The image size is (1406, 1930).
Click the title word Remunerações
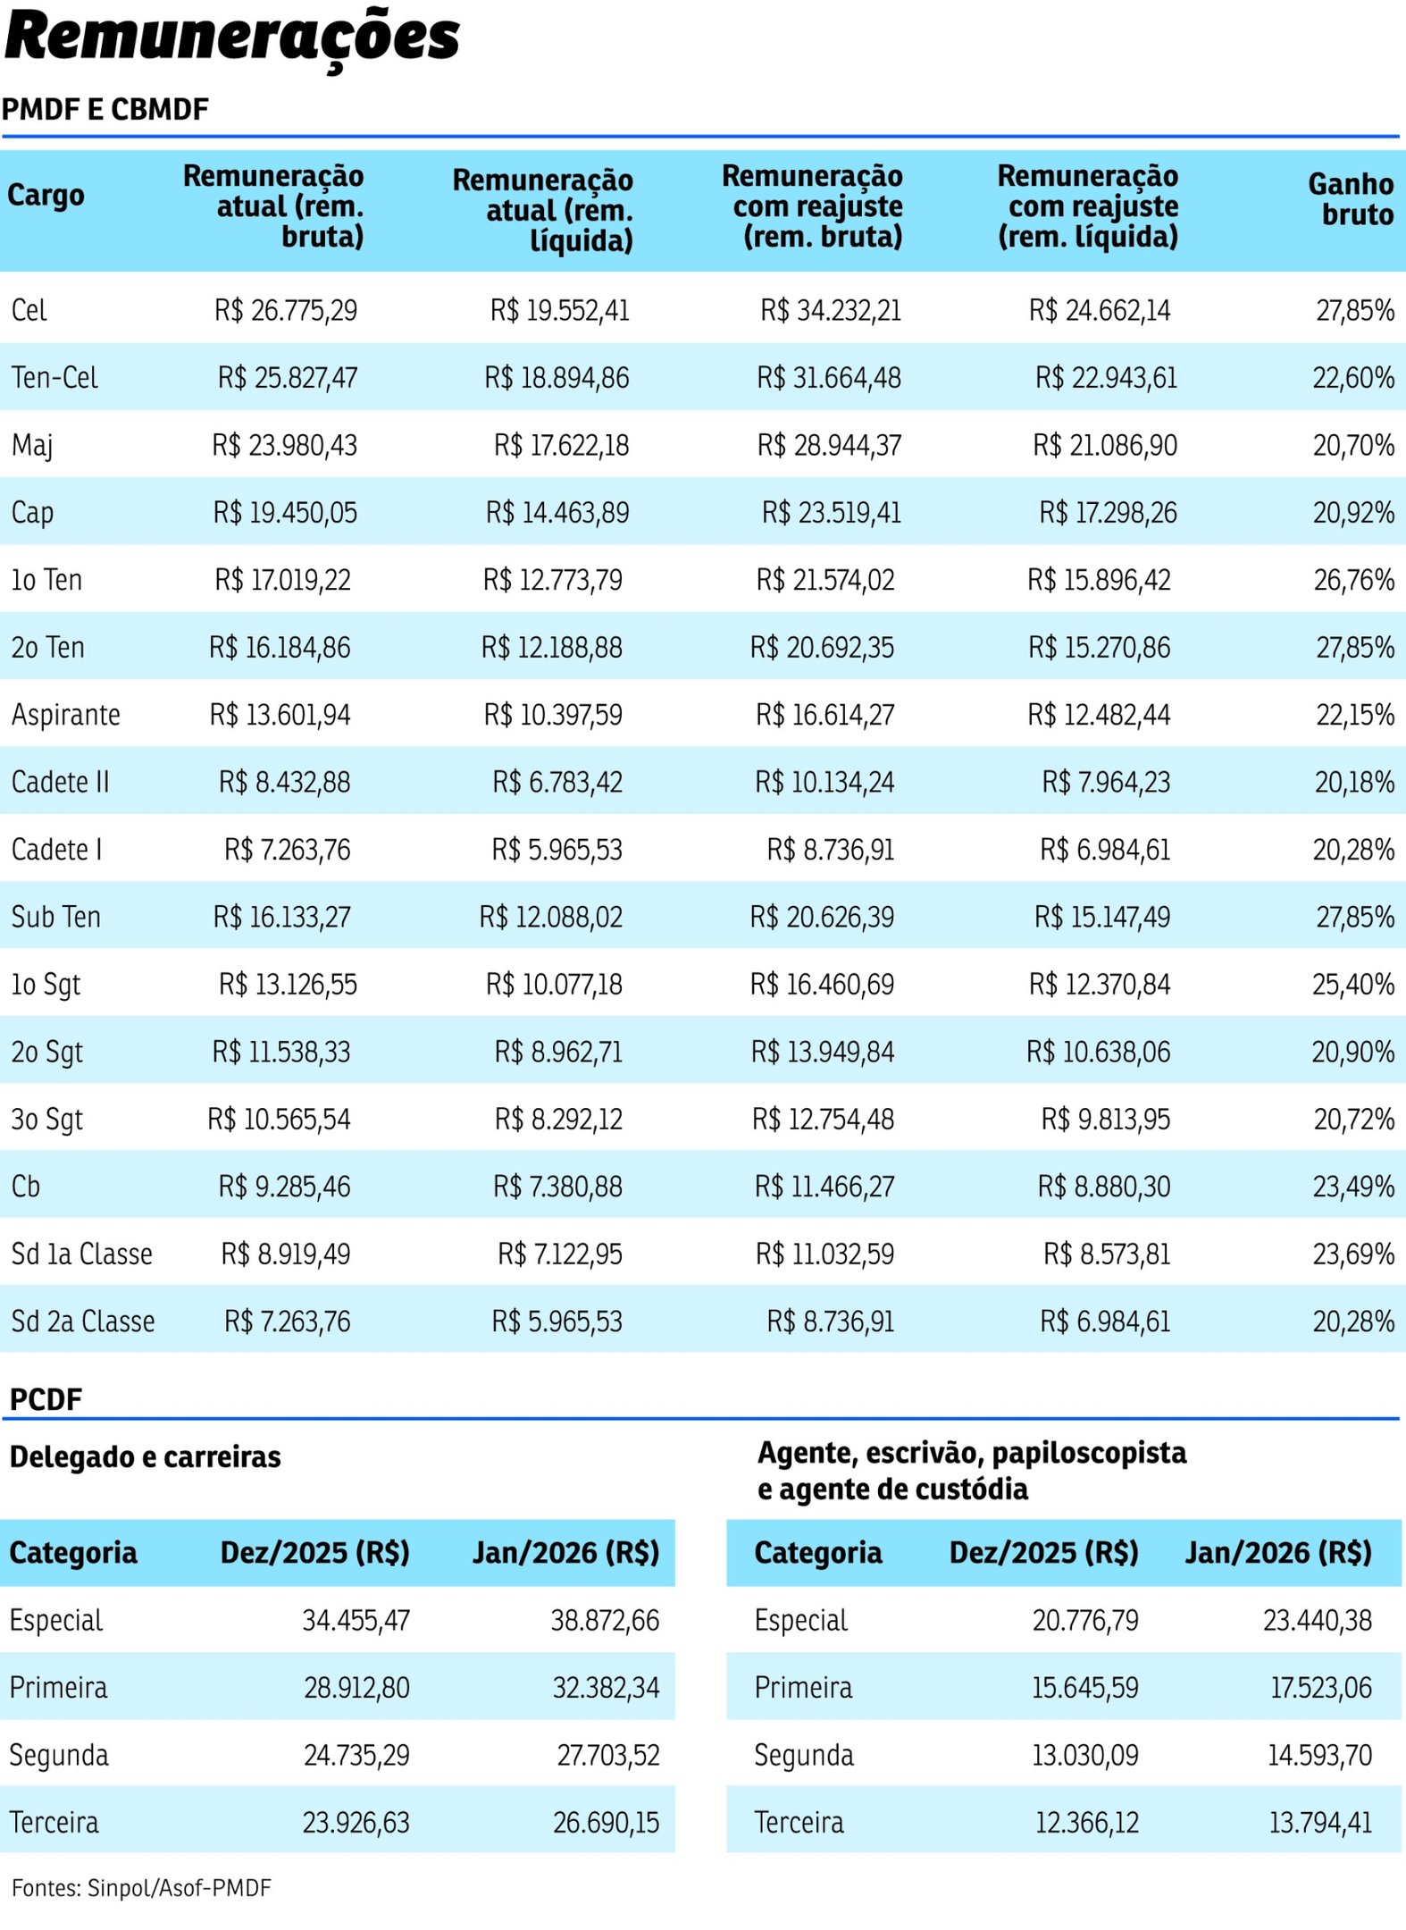coord(232,38)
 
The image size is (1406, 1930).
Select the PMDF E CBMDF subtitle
coord(105,110)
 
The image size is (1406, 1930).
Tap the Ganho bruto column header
coord(1350,199)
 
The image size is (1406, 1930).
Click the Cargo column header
coord(46,195)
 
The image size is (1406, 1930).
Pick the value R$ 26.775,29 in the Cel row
coord(286,311)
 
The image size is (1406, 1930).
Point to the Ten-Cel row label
coord(54,378)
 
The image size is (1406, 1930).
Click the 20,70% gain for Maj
coord(1352,445)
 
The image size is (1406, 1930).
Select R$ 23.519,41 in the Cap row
coord(831,513)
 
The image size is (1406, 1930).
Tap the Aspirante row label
coord(66,715)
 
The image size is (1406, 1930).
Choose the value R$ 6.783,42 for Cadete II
coord(557,783)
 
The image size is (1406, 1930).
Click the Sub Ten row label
coord(56,917)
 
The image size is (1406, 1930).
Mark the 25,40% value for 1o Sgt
coord(1352,985)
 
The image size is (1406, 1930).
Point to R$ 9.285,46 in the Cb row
coord(284,1187)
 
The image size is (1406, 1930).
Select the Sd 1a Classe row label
coord(82,1254)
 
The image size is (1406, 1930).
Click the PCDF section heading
coord(46,1399)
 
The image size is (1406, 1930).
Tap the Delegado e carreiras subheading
coord(146,1457)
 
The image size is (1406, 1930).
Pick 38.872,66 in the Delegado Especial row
coord(605,1620)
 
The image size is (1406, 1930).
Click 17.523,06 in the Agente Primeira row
coord(1320,1688)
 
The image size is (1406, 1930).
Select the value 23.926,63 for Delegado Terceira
coord(356,1823)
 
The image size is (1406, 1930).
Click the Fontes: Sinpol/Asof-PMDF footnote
coord(141,1888)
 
